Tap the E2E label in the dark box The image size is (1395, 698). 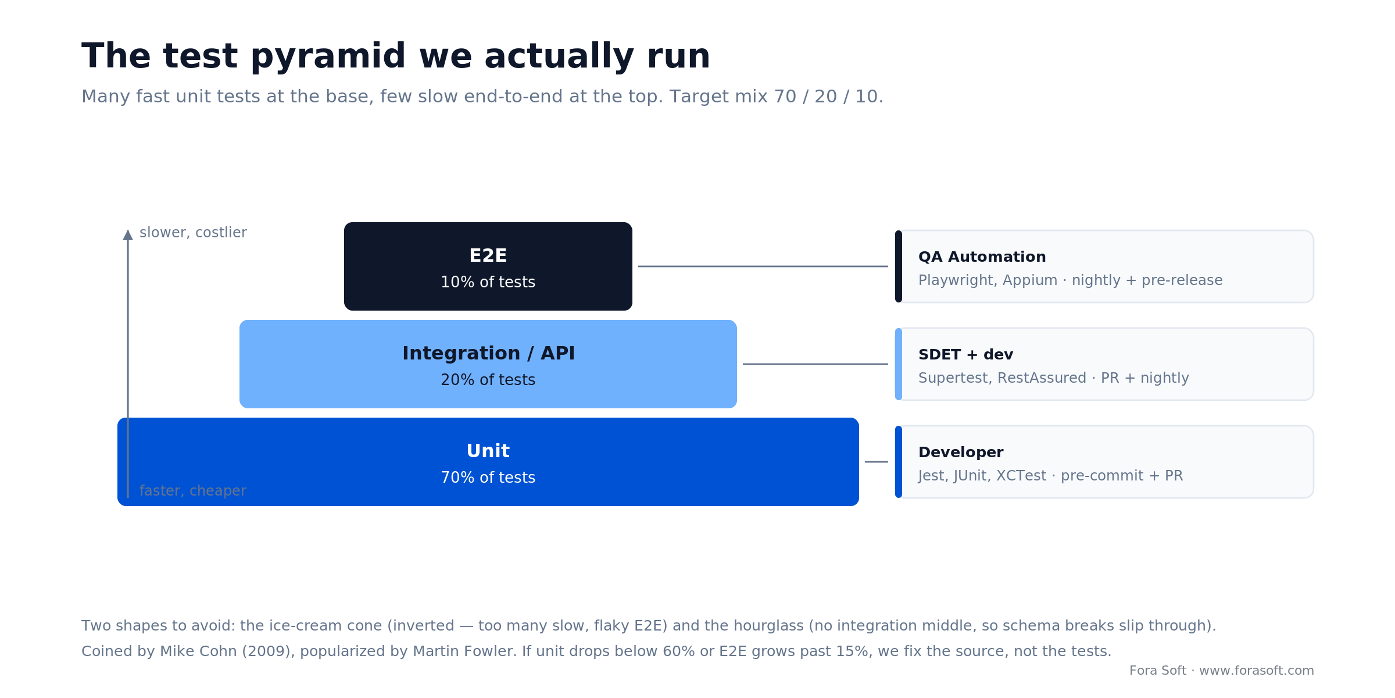click(488, 256)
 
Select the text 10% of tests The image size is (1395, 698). click(488, 283)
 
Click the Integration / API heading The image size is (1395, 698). click(488, 354)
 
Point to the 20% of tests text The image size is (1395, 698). click(488, 380)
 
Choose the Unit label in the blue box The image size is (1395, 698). click(488, 451)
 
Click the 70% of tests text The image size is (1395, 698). click(488, 478)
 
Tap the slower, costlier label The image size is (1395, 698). click(193, 233)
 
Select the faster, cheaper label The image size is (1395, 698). click(193, 491)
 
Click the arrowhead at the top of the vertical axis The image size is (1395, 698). click(128, 234)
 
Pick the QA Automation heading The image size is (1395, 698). click(982, 257)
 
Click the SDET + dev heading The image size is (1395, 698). click(965, 355)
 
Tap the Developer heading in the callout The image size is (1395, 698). click(961, 453)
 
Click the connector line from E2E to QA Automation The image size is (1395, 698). click(763, 266)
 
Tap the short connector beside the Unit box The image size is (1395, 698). click(877, 462)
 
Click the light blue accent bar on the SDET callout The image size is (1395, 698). click(899, 364)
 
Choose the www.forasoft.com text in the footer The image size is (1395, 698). click(1256, 671)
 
